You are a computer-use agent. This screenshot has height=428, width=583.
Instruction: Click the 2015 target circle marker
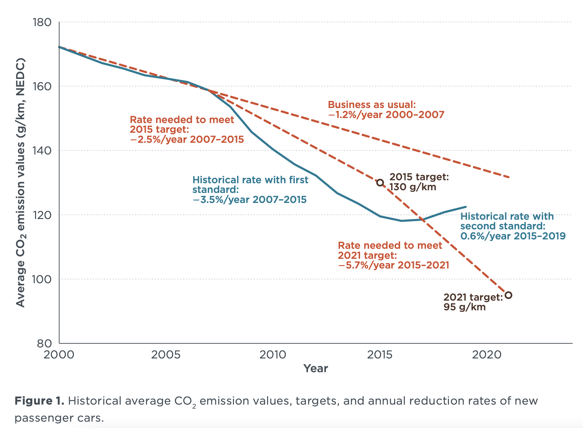pos(380,183)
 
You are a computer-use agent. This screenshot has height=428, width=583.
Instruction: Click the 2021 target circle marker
pos(508,295)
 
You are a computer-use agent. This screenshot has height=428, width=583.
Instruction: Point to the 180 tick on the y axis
pos(42,22)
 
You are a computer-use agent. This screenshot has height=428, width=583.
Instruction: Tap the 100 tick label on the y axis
pos(42,279)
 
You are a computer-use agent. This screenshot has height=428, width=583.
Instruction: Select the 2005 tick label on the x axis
pos(166,355)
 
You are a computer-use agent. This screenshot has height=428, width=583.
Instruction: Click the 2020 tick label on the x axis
pos(487,355)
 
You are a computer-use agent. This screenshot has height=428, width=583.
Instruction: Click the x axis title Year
pos(316,368)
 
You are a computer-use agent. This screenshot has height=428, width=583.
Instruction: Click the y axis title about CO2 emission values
pos(21,183)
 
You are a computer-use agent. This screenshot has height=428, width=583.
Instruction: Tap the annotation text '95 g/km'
pos(465,307)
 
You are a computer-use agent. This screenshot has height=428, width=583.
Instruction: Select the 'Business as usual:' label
pos(372,105)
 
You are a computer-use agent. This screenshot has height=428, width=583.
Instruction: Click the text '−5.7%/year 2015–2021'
pos(393,265)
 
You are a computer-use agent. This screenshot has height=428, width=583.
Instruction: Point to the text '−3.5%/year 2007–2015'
pos(249,200)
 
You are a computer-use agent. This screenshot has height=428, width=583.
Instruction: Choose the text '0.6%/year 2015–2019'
pos(513,236)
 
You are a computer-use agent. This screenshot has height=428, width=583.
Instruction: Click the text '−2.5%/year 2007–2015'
pos(187,139)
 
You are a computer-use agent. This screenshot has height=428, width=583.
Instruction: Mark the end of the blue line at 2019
pos(465,207)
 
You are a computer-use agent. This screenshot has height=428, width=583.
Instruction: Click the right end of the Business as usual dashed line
pos(508,177)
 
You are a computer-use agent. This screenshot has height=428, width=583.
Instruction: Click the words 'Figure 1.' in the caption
pos(39,401)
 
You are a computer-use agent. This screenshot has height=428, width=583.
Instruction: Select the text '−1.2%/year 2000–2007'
pos(386,115)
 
